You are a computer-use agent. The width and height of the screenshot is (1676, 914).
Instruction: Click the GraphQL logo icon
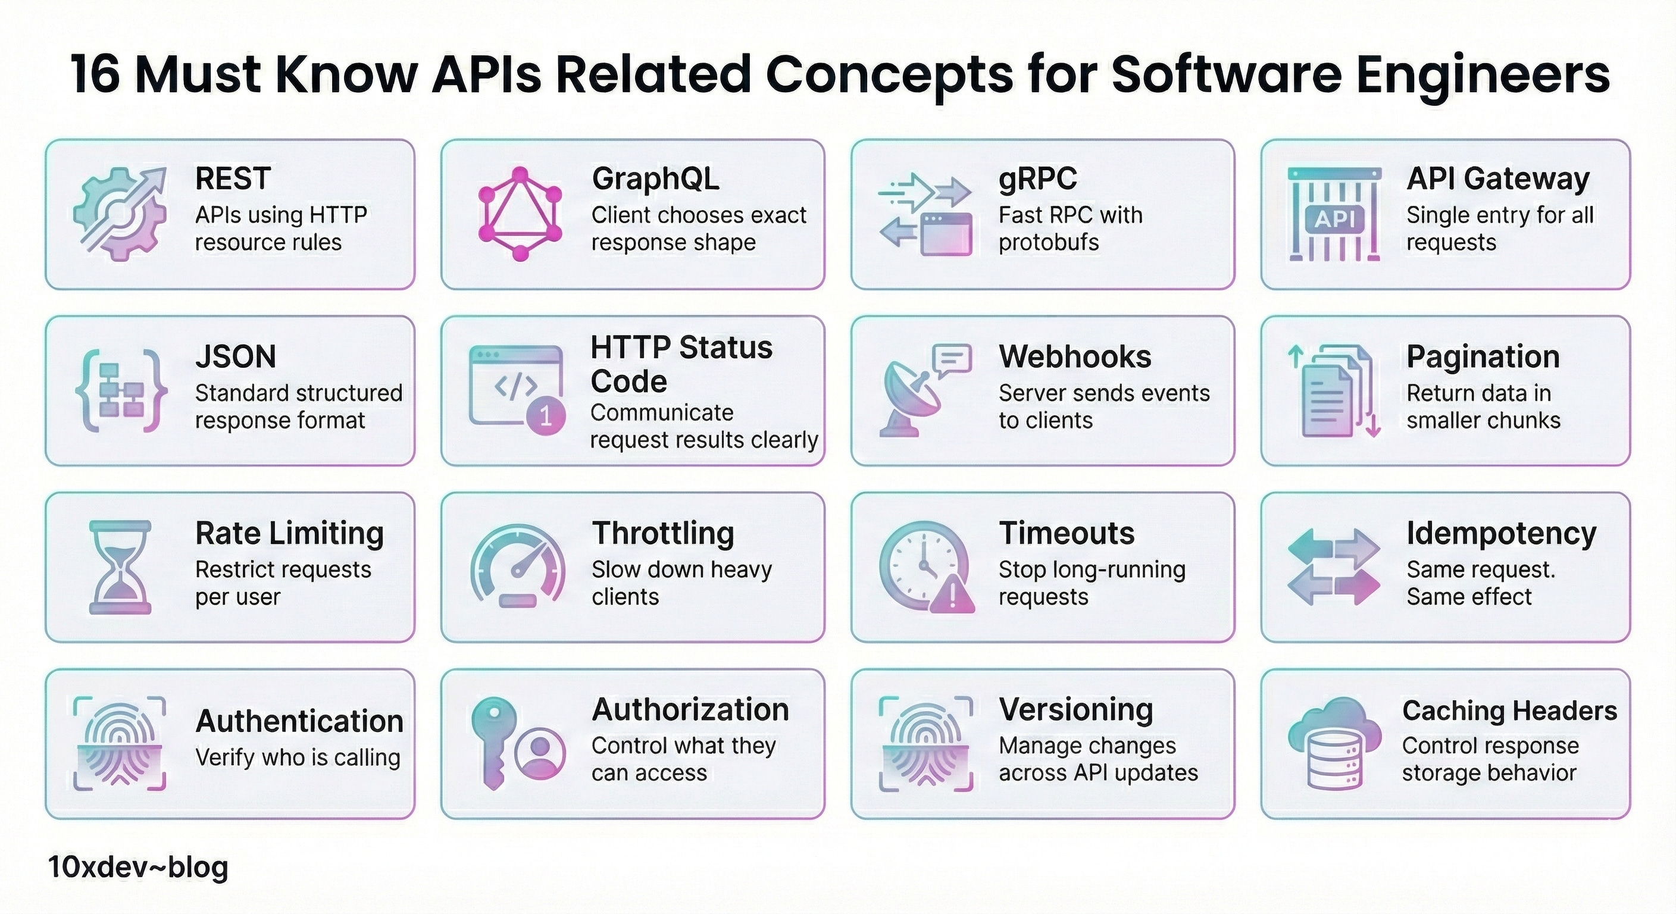click(520, 214)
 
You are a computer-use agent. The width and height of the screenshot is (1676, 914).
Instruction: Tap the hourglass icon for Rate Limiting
click(120, 566)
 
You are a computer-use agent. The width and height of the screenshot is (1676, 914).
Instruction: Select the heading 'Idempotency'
click(1501, 533)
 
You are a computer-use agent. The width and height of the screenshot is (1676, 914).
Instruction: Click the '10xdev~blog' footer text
click(138, 867)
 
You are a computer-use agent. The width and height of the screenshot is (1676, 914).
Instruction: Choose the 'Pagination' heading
click(1483, 356)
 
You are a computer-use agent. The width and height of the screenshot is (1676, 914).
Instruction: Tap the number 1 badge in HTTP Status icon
click(545, 416)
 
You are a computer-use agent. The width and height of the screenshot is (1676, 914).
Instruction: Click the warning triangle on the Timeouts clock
click(952, 595)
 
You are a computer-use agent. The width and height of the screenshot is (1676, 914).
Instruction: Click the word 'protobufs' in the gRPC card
click(1048, 243)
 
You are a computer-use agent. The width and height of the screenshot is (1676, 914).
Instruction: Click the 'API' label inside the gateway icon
click(1334, 219)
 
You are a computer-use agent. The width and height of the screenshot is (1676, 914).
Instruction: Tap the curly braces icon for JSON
click(121, 390)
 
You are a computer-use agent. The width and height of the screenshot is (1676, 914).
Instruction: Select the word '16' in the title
click(95, 74)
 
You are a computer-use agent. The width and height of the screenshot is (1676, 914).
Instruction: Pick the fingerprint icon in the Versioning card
click(925, 744)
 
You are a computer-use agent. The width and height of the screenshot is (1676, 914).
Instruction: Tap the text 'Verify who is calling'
click(298, 758)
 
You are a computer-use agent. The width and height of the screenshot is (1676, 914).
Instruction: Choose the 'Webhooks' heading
click(1075, 356)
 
